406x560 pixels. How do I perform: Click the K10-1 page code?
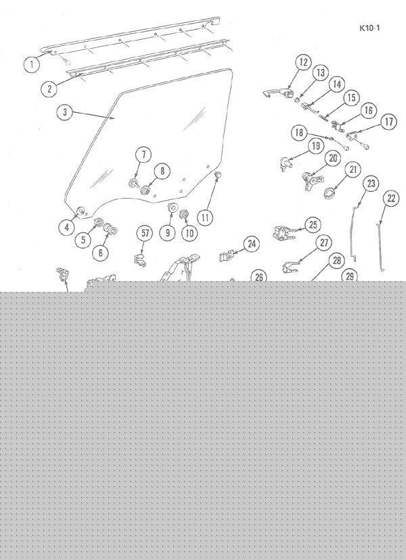(369, 28)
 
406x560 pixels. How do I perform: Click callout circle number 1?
(32, 65)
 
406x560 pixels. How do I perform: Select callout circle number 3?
(65, 112)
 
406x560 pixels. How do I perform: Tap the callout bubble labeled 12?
(303, 63)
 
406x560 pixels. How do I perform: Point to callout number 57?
(145, 233)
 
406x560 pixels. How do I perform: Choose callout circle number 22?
(391, 198)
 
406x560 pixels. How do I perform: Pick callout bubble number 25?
(313, 225)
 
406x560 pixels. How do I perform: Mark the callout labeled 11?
(205, 218)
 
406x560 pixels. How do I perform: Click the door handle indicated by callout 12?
(278, 95)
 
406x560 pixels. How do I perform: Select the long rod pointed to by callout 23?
(353, 232)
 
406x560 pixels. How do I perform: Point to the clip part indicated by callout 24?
(225, 256)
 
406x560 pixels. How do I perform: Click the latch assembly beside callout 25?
(284, 232)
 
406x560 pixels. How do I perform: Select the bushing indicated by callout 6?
(110, 229)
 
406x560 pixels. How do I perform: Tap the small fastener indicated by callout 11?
(217, 174)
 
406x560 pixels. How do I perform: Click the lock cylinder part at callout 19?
(286, 163)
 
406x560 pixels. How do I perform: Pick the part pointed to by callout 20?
(310, 180)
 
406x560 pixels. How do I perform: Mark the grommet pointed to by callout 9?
(173, 207)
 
